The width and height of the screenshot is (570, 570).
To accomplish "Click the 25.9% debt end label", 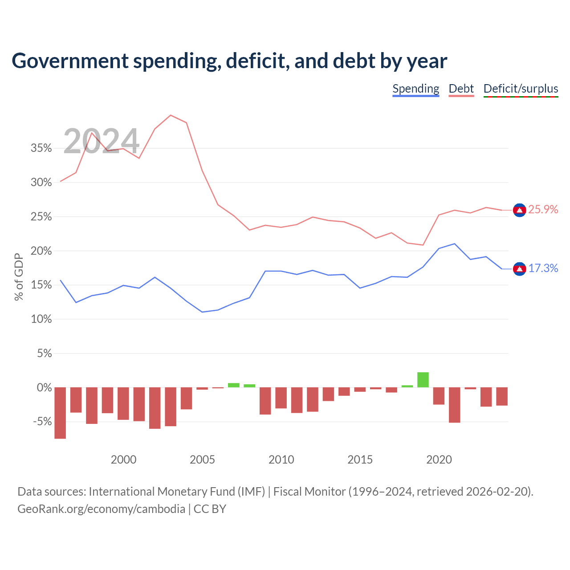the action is pyautogui.click(x=543, y=209).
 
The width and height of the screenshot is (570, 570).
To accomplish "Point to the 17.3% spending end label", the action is pyautogui.click(x=543, y=268).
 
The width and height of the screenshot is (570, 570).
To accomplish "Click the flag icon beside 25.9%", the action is pyautogui.click(x=519, y=210).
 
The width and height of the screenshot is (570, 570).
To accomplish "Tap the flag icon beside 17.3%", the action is pyautogui.click(x=519, y=269).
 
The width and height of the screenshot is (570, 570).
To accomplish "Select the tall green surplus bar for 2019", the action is pyautogui.click(x=423, y=379).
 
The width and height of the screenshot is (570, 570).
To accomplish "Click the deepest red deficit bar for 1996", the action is pyautogui.click(x=60, y=413).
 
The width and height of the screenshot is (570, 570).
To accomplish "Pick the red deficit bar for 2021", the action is pyautogui.click(x=454, y=405).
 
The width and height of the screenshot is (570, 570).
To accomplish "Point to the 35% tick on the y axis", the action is pyautogui.click(x=41, y=148).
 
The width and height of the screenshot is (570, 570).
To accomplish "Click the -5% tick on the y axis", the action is pyautogui.click(x=42, y=421).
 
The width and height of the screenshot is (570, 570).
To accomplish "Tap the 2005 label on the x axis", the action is pyautogui.click(x=202, y=460).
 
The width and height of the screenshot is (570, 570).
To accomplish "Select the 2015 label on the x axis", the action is pyautogui.click(x=360, y=460).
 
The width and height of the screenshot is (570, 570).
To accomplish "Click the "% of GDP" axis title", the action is pyautogui.click(x=19, y=277).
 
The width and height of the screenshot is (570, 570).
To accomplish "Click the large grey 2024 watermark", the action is pyautogui.click(x=101, y=141).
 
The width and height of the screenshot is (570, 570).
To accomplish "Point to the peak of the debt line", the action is pyautogui.click(x=171, y=115).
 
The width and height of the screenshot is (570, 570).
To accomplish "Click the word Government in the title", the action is pyautogui.click(x=70, y=61).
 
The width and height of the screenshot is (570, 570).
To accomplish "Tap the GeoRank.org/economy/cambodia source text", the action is pyautogui.click(x=101, y=509).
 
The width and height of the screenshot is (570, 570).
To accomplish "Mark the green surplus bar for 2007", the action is pyautogui.click(x=234, y=385).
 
